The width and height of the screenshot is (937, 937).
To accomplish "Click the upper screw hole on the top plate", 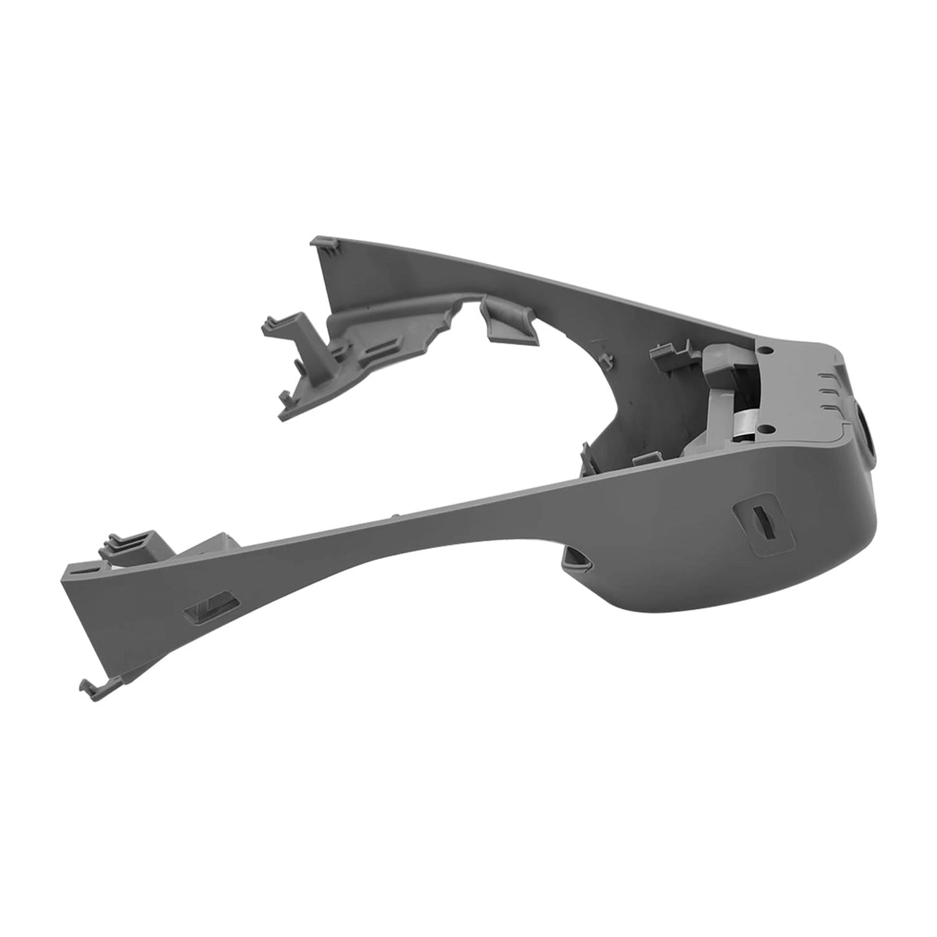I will [767, 351].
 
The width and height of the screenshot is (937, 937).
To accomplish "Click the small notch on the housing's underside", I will [579, 557].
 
